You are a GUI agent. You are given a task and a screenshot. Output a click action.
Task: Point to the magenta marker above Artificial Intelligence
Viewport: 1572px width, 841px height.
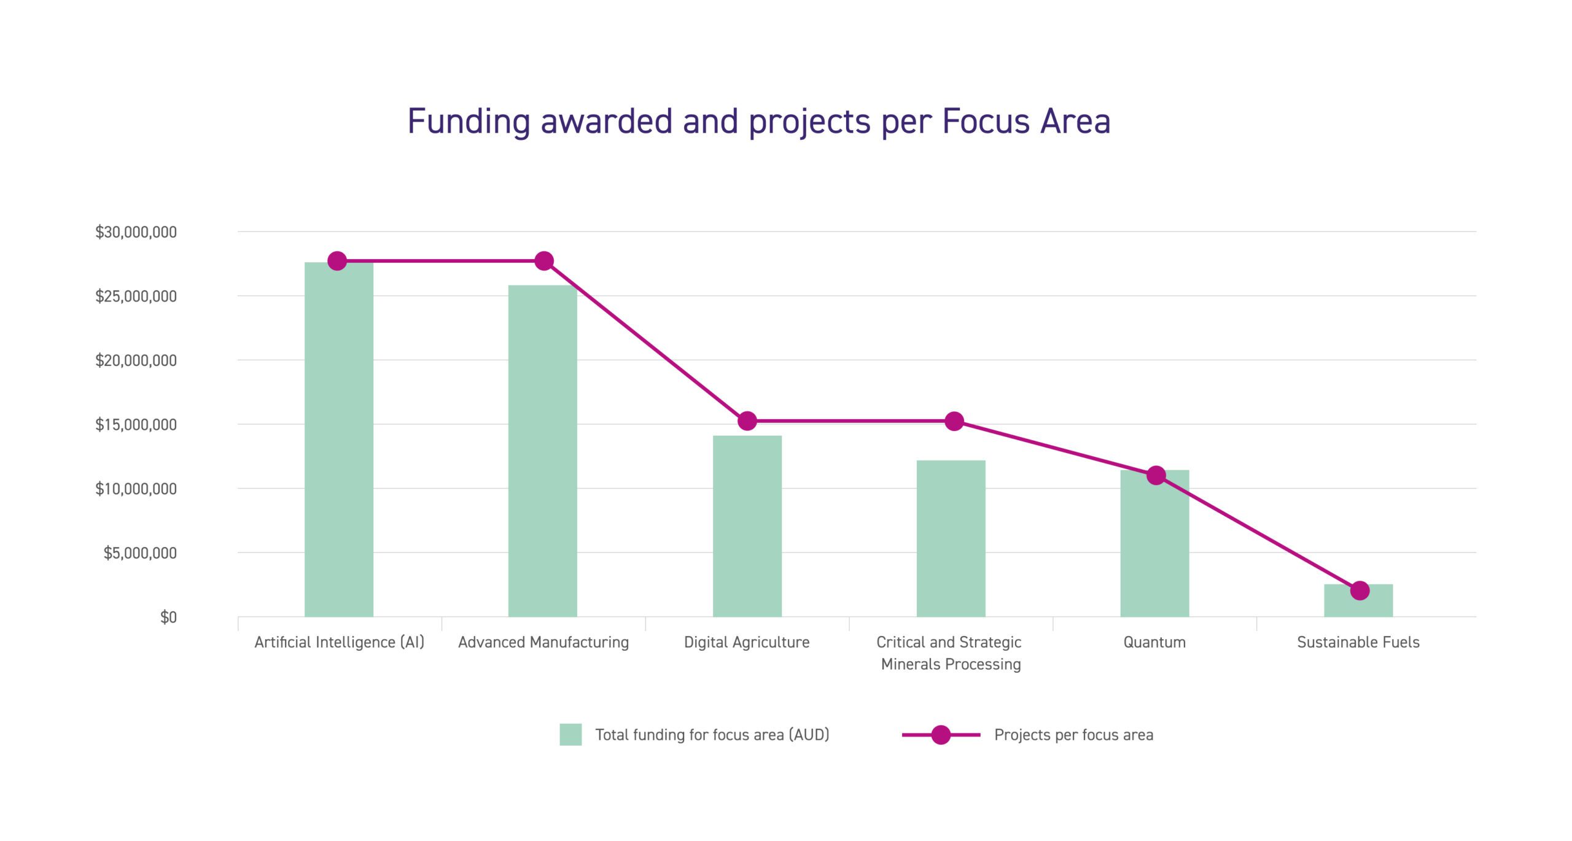(337, 261)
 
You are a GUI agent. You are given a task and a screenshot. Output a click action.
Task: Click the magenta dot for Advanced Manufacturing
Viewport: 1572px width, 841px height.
(544, 261)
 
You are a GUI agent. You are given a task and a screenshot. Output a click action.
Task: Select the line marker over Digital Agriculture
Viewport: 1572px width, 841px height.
(747, 421)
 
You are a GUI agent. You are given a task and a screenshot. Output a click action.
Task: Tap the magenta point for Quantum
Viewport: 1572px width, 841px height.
(1156, 475)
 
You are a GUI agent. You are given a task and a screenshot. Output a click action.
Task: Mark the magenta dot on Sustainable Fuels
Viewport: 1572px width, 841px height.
(1360, 591)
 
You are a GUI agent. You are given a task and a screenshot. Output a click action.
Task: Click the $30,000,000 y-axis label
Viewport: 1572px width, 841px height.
(136, 232)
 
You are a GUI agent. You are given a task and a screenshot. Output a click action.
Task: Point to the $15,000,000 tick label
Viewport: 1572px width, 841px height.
(136, 424)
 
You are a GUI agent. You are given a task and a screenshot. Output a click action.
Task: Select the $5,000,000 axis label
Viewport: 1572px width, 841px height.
(140, 553)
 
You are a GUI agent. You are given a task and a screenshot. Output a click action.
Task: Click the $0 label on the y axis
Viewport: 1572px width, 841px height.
(168, 617)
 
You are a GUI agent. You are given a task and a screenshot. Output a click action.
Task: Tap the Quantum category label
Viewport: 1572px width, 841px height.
(1154, 642)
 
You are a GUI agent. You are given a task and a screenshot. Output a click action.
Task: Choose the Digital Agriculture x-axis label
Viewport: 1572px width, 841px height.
(747, 642)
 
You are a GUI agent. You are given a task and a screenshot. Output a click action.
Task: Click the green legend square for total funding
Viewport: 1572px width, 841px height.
(570, 735)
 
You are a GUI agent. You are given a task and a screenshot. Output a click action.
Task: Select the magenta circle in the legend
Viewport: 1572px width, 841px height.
(941, 735)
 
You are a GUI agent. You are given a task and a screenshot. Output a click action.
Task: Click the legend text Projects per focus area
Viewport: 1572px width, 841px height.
(1073, 735)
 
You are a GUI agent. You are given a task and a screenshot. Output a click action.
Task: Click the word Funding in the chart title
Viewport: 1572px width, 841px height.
(469, 121)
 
